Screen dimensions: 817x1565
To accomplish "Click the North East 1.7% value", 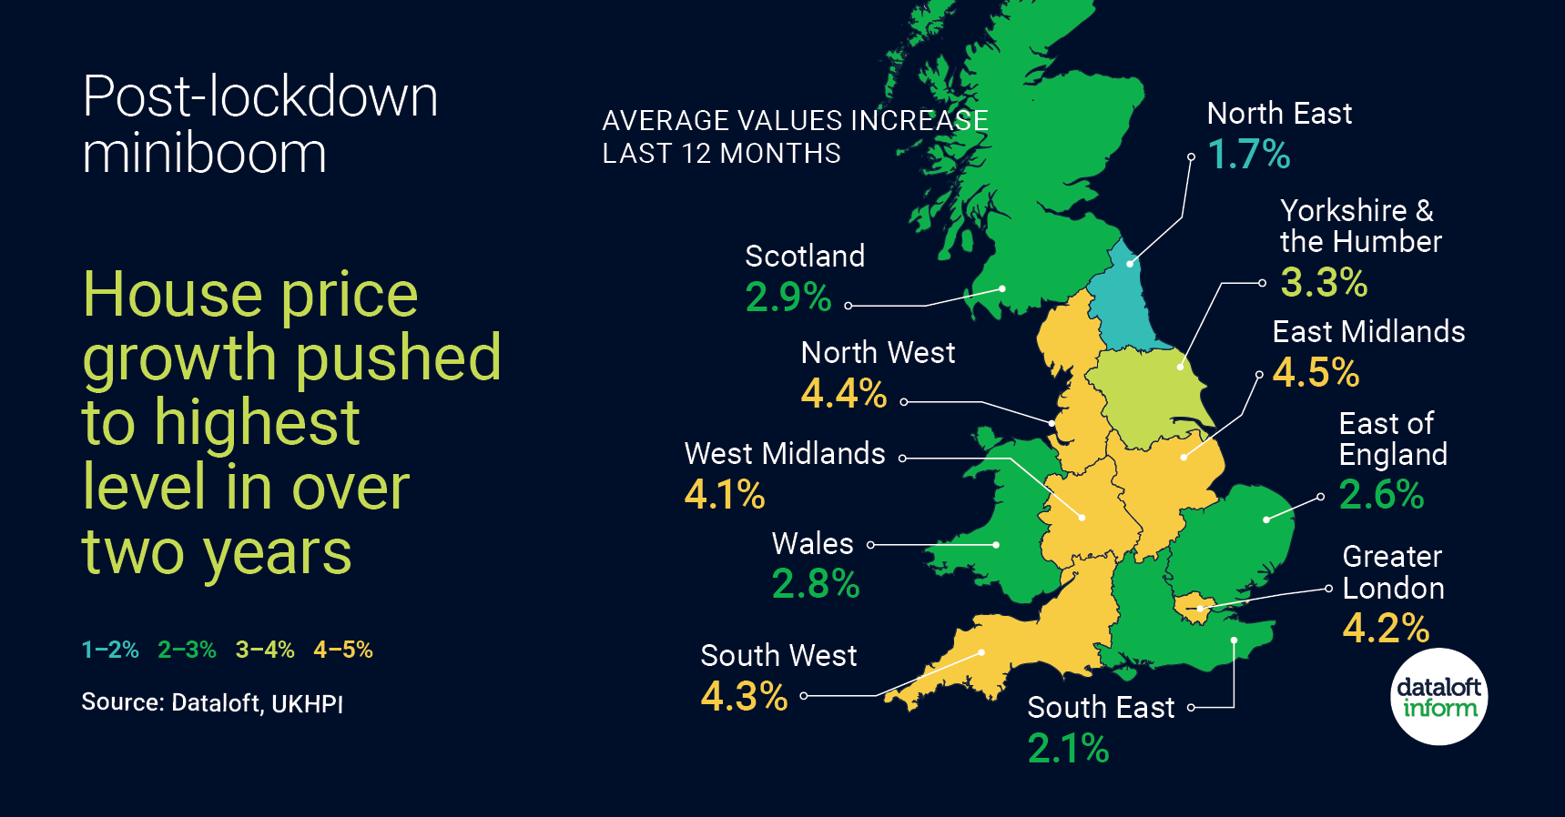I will [1248, 155].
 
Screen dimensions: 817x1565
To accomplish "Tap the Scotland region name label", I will [805, 257].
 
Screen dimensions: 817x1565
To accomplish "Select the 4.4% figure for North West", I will [843, 394].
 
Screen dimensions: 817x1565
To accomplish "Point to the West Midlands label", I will [785, 453].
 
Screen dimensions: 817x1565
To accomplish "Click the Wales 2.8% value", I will [815, 584].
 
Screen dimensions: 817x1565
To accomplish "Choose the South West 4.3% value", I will [744, 697].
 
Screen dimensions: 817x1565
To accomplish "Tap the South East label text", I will [1101, 708].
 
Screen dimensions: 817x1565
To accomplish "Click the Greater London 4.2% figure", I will [1386, 628].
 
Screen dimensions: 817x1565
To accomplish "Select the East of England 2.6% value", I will [1381, 495].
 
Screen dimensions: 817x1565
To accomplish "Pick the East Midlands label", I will [1368, 332].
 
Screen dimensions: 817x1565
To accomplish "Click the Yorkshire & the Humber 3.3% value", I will [1324, 283].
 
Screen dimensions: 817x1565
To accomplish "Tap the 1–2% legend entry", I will [110, 650].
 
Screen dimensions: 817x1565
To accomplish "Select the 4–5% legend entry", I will [343, 650].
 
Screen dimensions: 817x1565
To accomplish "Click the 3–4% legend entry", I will [265, 650].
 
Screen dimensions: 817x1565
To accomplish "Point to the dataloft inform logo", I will [1439, 697].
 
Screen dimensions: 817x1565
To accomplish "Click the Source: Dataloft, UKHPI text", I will [212, 703].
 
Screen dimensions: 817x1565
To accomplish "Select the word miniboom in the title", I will [204, 153].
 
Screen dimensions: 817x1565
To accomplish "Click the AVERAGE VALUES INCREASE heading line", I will [795, 121].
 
